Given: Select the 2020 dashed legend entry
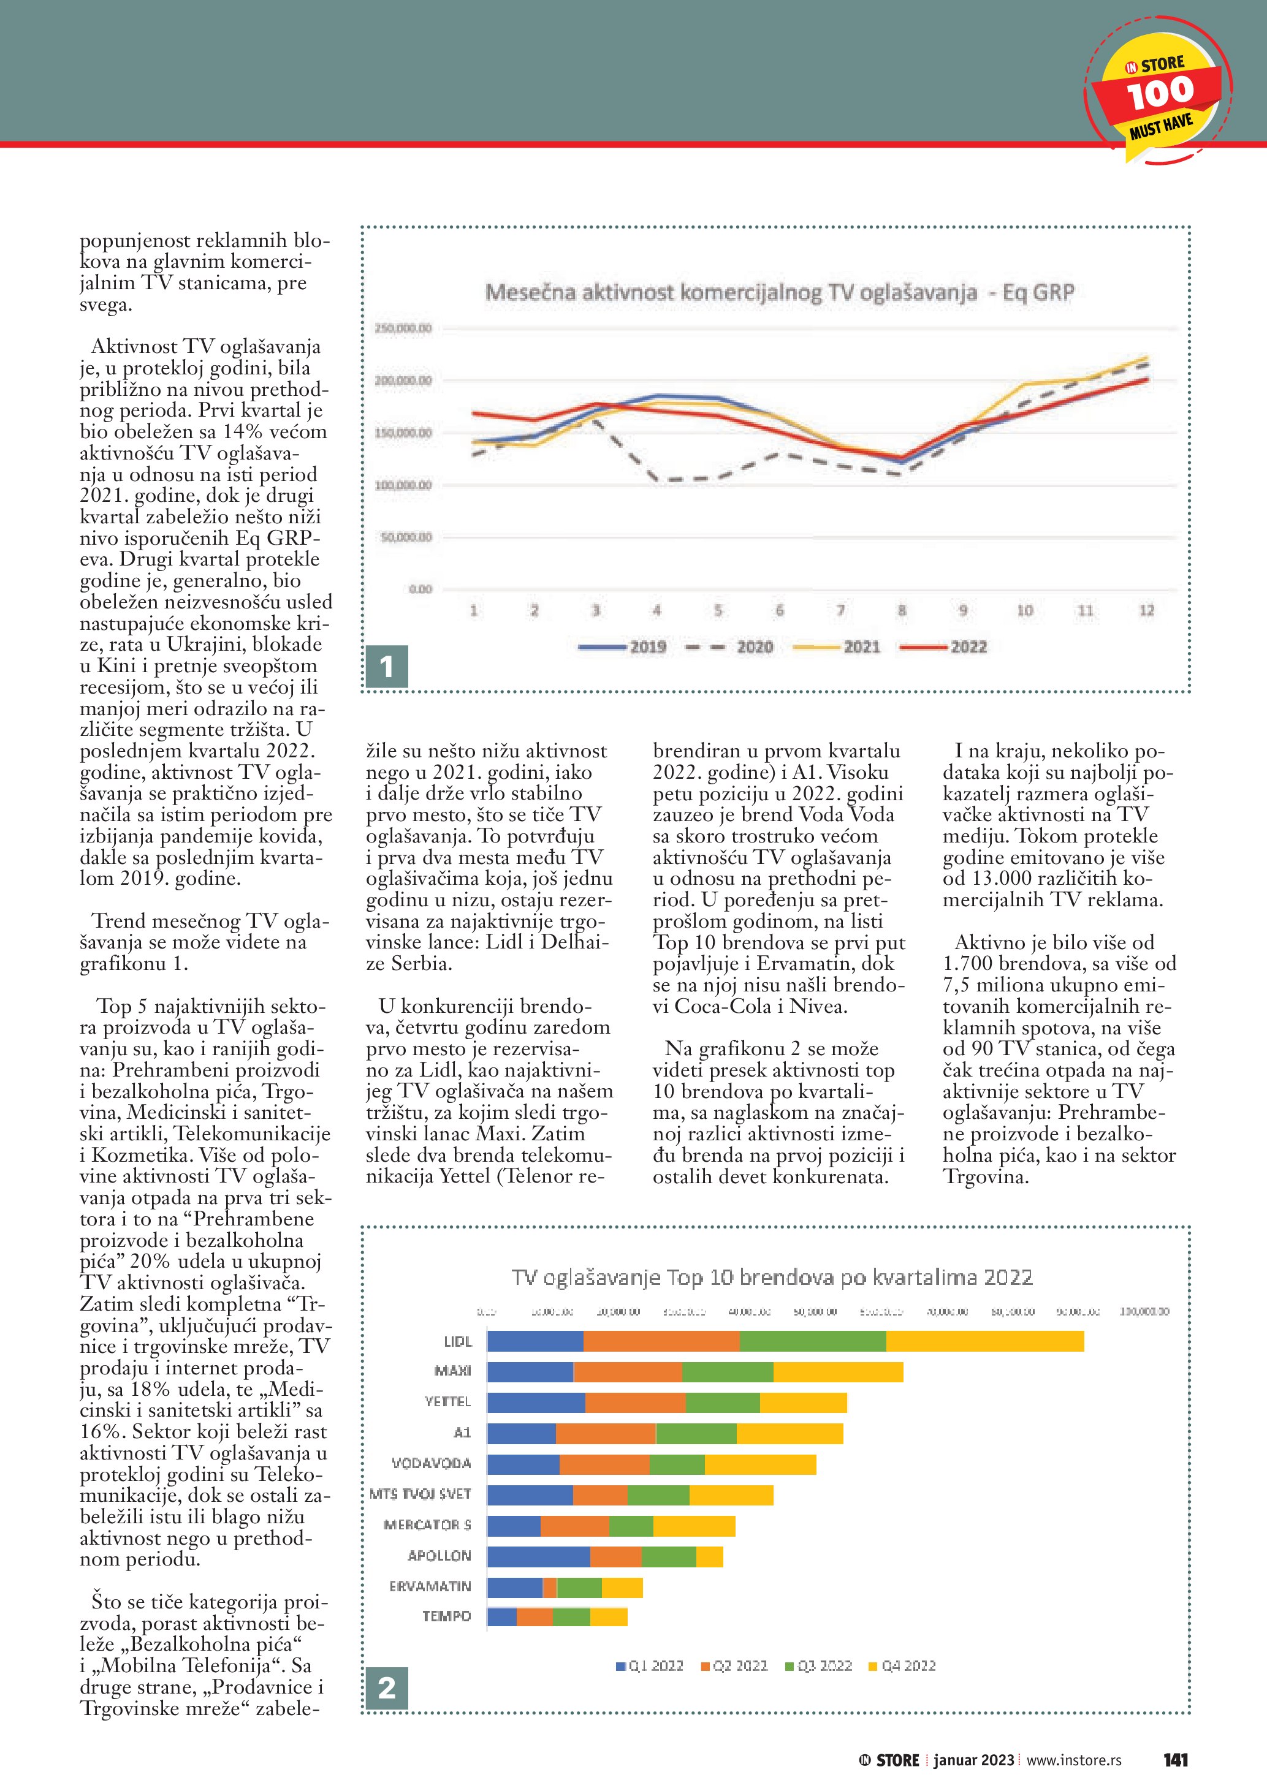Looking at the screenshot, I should (729, 646).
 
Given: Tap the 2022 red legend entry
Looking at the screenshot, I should (943, 646).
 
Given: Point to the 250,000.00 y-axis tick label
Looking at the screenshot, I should (403, 328).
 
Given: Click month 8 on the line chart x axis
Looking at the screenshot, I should (902, 611).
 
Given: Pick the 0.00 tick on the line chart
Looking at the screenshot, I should (420, 589).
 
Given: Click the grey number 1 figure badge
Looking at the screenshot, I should (386, 666).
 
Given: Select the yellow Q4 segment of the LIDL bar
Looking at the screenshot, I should (984, 1341).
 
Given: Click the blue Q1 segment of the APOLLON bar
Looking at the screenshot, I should (538, 1556).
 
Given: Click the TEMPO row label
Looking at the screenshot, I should (446, 1616).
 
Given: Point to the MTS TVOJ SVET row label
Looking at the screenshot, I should (420, 1494).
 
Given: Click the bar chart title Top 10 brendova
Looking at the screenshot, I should (772, 1278).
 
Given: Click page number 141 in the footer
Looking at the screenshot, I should (1175, 1760).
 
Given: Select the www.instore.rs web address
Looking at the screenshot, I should (1073, 1760).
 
